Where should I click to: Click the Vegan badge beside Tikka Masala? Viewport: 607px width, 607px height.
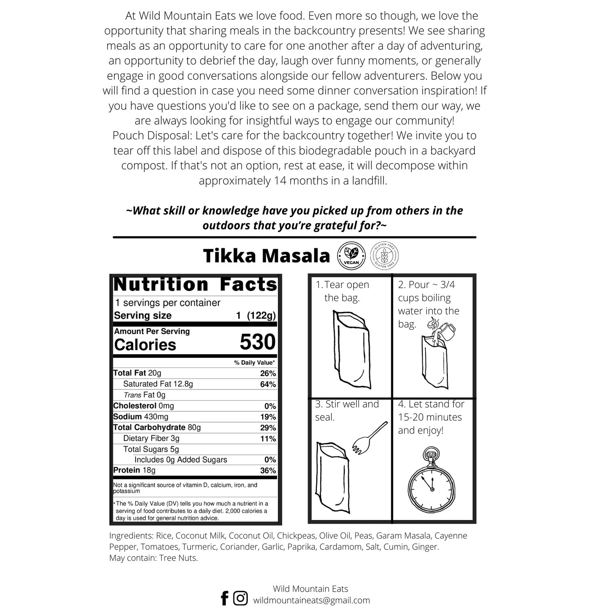(x=350, y=256)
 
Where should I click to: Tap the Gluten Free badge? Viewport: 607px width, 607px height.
(x=384, y=256)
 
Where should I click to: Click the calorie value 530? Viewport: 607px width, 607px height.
(x=257, y=342)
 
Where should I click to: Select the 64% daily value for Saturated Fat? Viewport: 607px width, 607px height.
(x=268, y=384)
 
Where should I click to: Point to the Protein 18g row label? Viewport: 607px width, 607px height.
(x=134, y=470)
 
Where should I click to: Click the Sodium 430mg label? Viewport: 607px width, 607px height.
(x=141, y=417)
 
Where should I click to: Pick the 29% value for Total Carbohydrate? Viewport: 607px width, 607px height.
(x=268, y=428)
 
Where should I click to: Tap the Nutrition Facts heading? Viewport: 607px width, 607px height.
(x=195, y=284)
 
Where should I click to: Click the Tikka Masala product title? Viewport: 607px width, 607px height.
(x=266, y=256)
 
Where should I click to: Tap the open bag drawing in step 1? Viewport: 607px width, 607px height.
(x=350, y=348)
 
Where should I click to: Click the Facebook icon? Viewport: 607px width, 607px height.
(x=225, y=598)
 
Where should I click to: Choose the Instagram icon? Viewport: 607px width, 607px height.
(x=240, y=598)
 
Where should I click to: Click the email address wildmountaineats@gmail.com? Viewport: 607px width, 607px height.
(x=311, y=600)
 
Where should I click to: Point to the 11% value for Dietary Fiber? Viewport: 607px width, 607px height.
(x=268, y=439)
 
